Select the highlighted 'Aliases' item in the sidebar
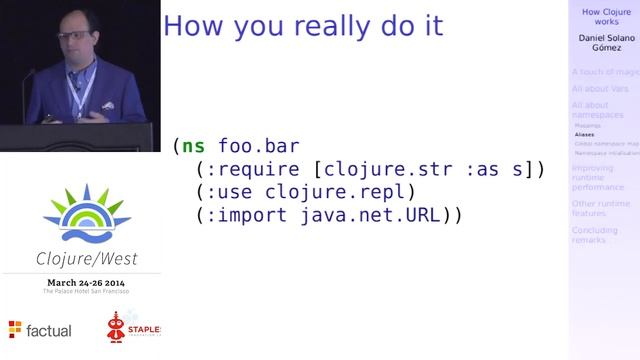(584, 134)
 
